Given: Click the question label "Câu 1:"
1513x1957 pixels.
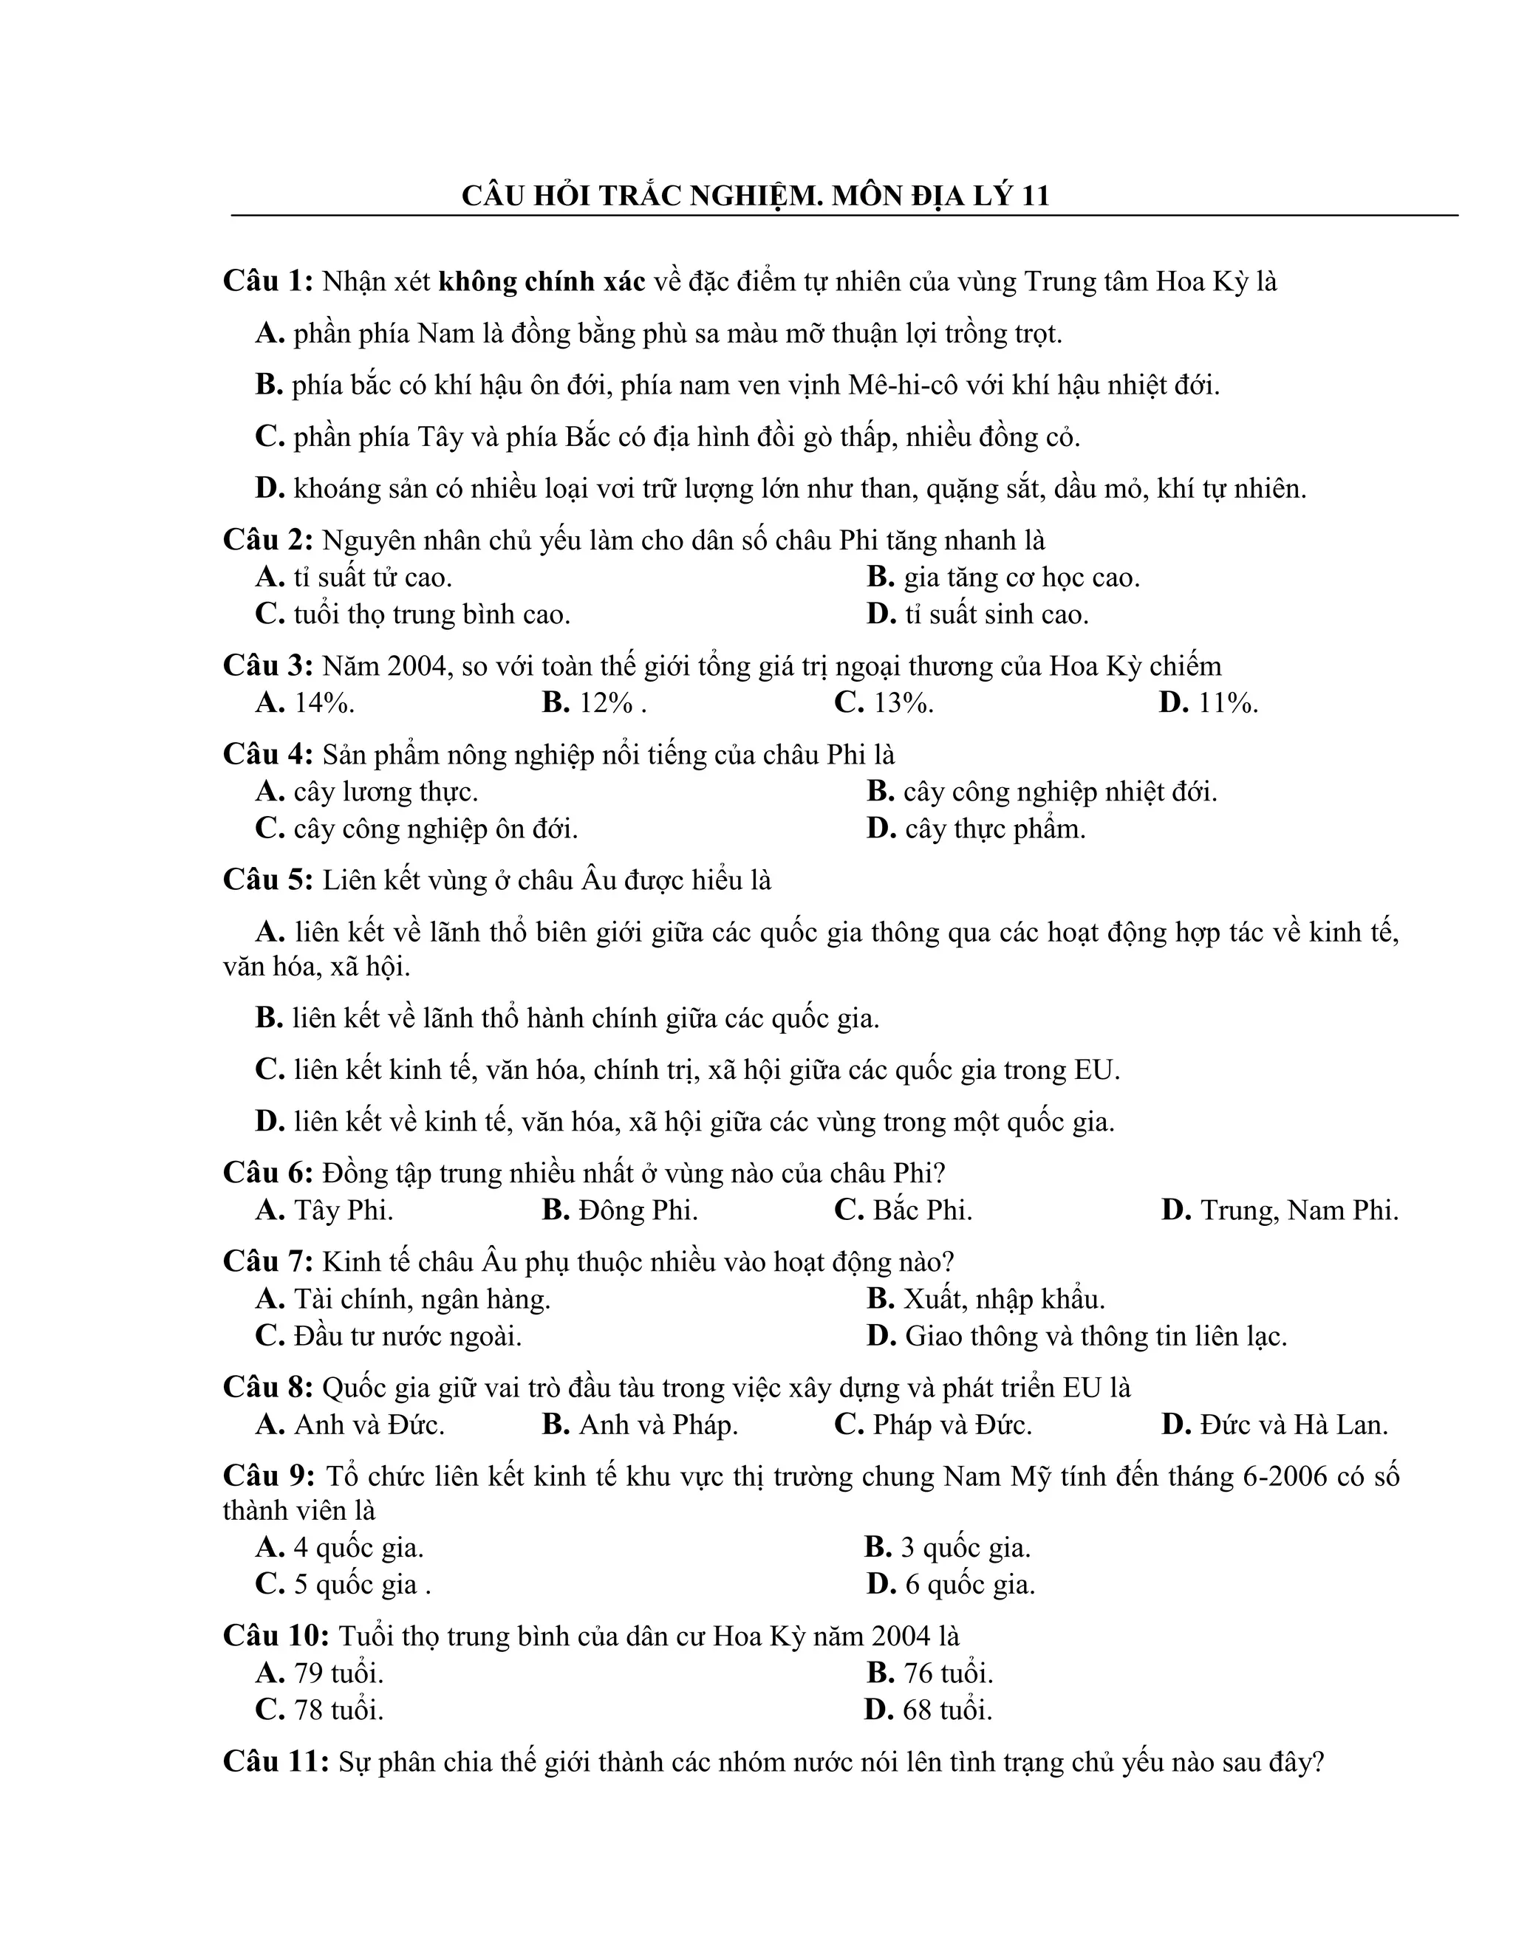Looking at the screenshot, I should (268, 281).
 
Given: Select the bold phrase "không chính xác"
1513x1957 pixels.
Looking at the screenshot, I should (542, 281).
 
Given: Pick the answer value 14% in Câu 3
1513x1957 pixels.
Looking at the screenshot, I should (324, 703).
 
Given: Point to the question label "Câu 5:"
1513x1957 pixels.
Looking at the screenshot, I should (268, 881).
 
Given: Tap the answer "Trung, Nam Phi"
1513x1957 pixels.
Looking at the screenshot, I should (1299, 1210).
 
